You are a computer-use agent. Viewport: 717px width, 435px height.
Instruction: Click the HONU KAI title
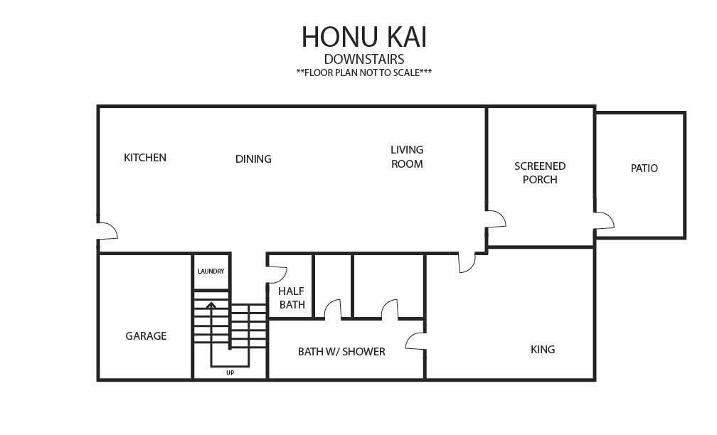tap(364, 36)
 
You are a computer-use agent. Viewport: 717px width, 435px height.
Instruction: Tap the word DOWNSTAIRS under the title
tap(364, 60)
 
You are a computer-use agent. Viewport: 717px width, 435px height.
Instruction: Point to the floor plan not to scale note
tap(364, 72)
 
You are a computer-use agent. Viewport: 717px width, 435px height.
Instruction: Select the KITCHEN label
tap(145, 158)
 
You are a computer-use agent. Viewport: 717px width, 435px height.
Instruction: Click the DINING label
tap(253, 159)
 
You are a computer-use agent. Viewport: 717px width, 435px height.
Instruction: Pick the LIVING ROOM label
tap(407, 156)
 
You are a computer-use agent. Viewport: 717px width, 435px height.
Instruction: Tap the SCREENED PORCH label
tap(540, 173)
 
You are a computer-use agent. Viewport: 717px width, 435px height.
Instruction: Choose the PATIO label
tap(644, 168)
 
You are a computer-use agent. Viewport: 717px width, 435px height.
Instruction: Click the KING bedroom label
tap(543, 350)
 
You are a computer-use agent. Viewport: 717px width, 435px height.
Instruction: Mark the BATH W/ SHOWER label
tap(341, 351)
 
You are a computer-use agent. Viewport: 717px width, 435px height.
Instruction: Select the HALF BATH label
tap(292, 298)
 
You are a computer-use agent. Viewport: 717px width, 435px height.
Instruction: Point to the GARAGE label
tap(146, 335)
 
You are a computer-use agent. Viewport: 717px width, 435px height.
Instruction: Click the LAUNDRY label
tap(211, 271)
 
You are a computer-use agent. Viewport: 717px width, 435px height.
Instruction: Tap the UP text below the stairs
tap(230, 373)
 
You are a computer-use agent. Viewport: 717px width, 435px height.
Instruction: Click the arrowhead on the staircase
tap(211, 305)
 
